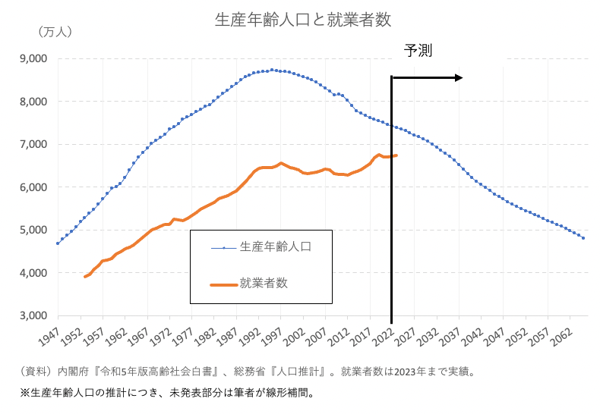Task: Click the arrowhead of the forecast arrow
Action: (458, 77)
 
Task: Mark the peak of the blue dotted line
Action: (273, 70)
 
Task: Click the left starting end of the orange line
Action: (85, 277)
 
